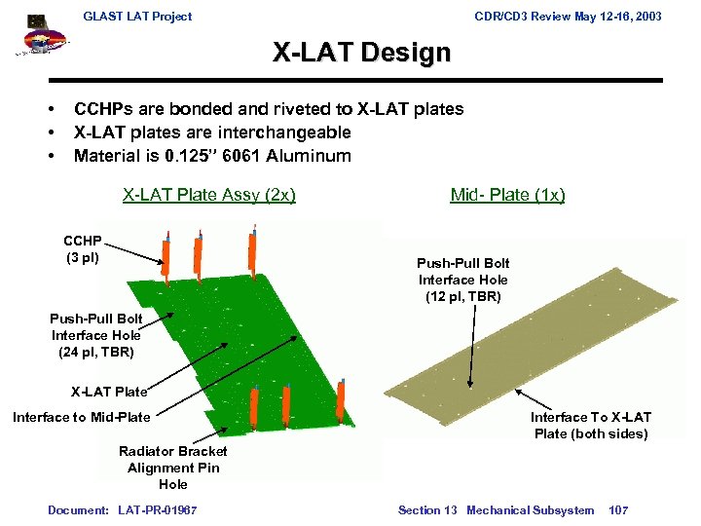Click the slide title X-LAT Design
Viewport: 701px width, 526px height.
pos(361,53)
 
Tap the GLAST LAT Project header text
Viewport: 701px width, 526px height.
pos(137,16)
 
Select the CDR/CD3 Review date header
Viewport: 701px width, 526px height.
pos(569,16)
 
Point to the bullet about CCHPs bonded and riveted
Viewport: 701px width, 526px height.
pos(269,109)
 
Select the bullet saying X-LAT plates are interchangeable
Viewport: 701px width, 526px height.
pos(212,132)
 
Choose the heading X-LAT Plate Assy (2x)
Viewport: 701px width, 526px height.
pos(208,195)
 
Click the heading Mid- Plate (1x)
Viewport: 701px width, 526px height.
pos(507,195)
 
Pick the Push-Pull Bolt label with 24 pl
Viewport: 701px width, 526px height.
pos(96,335)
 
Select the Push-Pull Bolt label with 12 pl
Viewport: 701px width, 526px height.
pos(462,280)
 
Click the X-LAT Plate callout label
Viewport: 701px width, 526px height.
pos(109,393)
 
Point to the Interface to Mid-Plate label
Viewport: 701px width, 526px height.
pos(82,417)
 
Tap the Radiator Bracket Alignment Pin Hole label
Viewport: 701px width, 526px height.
pos(172,468)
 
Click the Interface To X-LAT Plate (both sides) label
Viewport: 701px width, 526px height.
pos(590,425)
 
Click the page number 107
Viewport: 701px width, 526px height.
pos(618,509)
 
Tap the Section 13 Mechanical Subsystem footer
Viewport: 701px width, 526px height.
pos(496,509)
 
